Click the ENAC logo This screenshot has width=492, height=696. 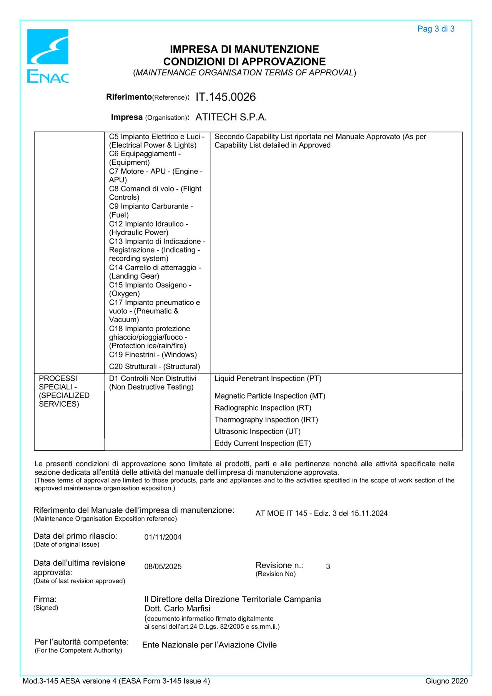pyautogui.click(x=48, y=56)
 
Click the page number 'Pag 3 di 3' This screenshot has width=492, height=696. pyautogui.click(x=435, y=29)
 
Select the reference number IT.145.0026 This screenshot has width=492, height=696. pyautogui.click(x=225, y=97)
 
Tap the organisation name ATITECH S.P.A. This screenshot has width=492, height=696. pyautogui.click(x=231, y=117)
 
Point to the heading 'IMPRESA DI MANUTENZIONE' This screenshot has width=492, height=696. pyautogui.click(x=244, y=49)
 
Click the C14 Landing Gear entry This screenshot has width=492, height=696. pyautogui.click(x=155, y=272)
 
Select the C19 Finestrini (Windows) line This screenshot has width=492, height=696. pyautogui.click(x=153, y=354)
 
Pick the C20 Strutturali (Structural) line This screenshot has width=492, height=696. pyautogui.click(x=154, y=366)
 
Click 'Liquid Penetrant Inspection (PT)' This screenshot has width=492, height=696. pyautogui.click(x=268, y=378)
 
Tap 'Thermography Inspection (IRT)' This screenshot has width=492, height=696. pyautogui.click(x=266, y=419)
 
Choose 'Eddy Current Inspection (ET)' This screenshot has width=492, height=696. pyautogui.click(x=263, y=443)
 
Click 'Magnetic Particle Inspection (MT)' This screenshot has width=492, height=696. pyautogui.click(x=269, y=396)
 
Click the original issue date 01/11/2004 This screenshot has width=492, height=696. pyautogui.click(x=163, y=537)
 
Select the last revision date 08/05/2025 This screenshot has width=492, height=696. pyautogui.click(x=163, y=566)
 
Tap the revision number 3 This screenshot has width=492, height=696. pyautogui.click(x=328, y=566)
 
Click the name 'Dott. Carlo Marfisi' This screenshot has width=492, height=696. pyautogui.click(x=177, y=608)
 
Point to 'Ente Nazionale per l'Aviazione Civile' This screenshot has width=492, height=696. pyautogui.click(x=209, y=645)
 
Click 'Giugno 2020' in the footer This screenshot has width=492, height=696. pyautogui.click(x=446, y=681)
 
